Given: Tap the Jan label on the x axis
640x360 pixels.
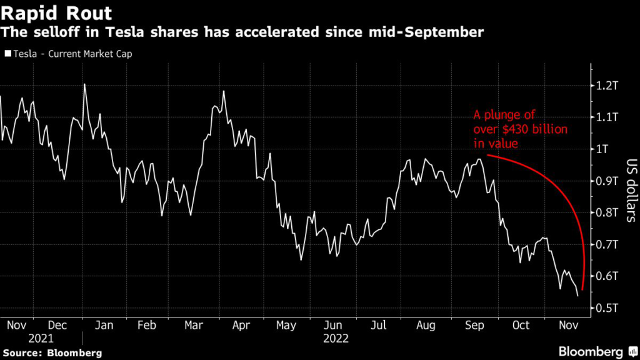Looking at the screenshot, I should click(105, 326).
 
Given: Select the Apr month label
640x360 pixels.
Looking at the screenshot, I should click(241, 326).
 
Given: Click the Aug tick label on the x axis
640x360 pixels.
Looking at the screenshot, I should click(426, 326).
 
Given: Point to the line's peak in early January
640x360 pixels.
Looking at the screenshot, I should click(84, 84).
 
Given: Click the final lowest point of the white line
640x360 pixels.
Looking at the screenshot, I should click(577, 296).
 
